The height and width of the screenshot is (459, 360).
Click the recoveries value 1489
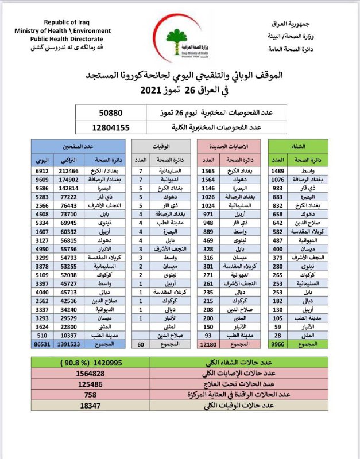pyautogui.click(x=278, y=171)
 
